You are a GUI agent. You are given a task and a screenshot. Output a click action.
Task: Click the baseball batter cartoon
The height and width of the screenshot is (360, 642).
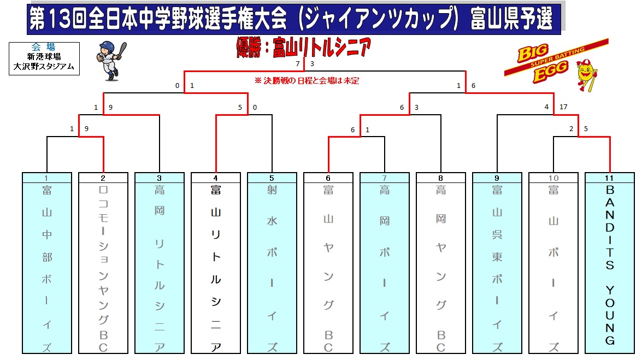tap(110, 61)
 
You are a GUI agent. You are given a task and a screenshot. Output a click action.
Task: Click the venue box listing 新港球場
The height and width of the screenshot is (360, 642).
tap(44, 58)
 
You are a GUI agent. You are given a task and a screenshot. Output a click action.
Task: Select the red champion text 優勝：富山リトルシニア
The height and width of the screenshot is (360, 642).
tap(303, 47)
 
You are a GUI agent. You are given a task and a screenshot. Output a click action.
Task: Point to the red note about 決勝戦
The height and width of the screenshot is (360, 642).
tap(307, 81)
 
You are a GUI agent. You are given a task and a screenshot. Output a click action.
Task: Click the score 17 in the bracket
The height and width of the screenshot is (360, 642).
tap(563, 107)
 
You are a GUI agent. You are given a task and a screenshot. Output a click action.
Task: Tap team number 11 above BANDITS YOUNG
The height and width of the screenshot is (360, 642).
tap(609, 178)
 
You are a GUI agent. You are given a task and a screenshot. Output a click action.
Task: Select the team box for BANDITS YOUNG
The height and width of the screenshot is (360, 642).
tap(610, 263)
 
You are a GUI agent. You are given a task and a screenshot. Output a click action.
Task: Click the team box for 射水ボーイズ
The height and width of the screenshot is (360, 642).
tap(272, 263)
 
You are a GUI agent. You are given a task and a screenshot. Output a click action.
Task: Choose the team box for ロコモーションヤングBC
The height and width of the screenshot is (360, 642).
tap(103, 263)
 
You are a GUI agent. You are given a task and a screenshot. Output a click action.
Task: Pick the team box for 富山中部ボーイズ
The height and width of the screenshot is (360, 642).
tap(47, 263)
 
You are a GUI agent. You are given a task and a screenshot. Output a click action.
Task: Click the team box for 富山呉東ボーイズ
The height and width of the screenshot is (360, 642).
tap(497, 263)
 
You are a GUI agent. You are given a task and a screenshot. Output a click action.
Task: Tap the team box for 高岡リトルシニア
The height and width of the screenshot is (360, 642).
tap(160, 263)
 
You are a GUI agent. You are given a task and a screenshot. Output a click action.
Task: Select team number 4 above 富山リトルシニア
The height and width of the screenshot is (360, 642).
tap(215, 178)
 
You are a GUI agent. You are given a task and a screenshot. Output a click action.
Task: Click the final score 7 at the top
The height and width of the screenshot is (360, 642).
tap(298, 64)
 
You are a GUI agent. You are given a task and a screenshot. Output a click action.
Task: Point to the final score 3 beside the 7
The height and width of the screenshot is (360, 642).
tap(312, 64)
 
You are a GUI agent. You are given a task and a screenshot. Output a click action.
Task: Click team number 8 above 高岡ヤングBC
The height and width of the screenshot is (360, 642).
tap(440, 178)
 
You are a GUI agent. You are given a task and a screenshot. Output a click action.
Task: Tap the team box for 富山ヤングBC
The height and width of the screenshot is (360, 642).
tap(328, 263)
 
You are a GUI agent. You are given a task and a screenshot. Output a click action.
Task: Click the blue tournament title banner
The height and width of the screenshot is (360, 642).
tap(294, 19)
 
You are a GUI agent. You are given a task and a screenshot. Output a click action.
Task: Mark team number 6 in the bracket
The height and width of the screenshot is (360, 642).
tap(328, 178)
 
